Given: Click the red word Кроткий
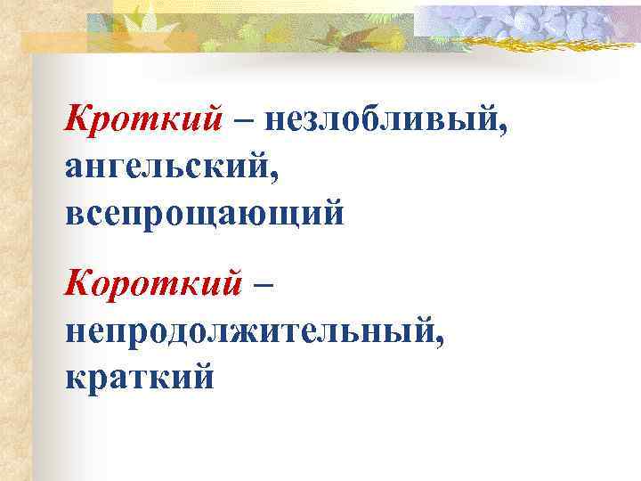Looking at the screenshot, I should (x=143, y=118).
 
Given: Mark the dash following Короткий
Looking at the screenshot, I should (x=264, y=285).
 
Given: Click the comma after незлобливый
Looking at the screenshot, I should (x=506, y=131).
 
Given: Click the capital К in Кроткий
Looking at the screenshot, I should (x=77, y=118).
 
